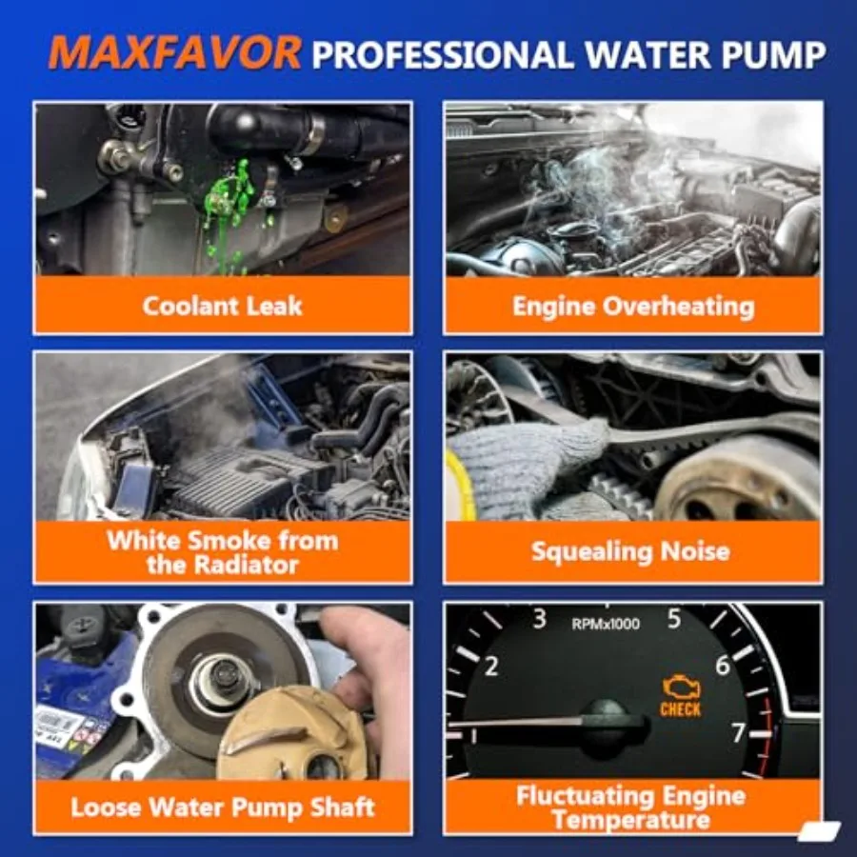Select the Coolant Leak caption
click(x=222, y=306)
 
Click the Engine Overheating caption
click(x=633, y=306)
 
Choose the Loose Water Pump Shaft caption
click(x=223, y=808)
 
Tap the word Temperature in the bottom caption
click(x=629, y=819)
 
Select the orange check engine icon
click(x=680, y=688)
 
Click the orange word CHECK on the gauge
click(x=680, y=710)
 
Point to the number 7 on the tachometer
click(x=739, y=733)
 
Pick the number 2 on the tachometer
click(x=491, y=667)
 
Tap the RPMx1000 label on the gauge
click(x=606, y=625)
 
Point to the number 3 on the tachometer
click(x=539, y=620)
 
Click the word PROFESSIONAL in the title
click(x=443, y=54)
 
